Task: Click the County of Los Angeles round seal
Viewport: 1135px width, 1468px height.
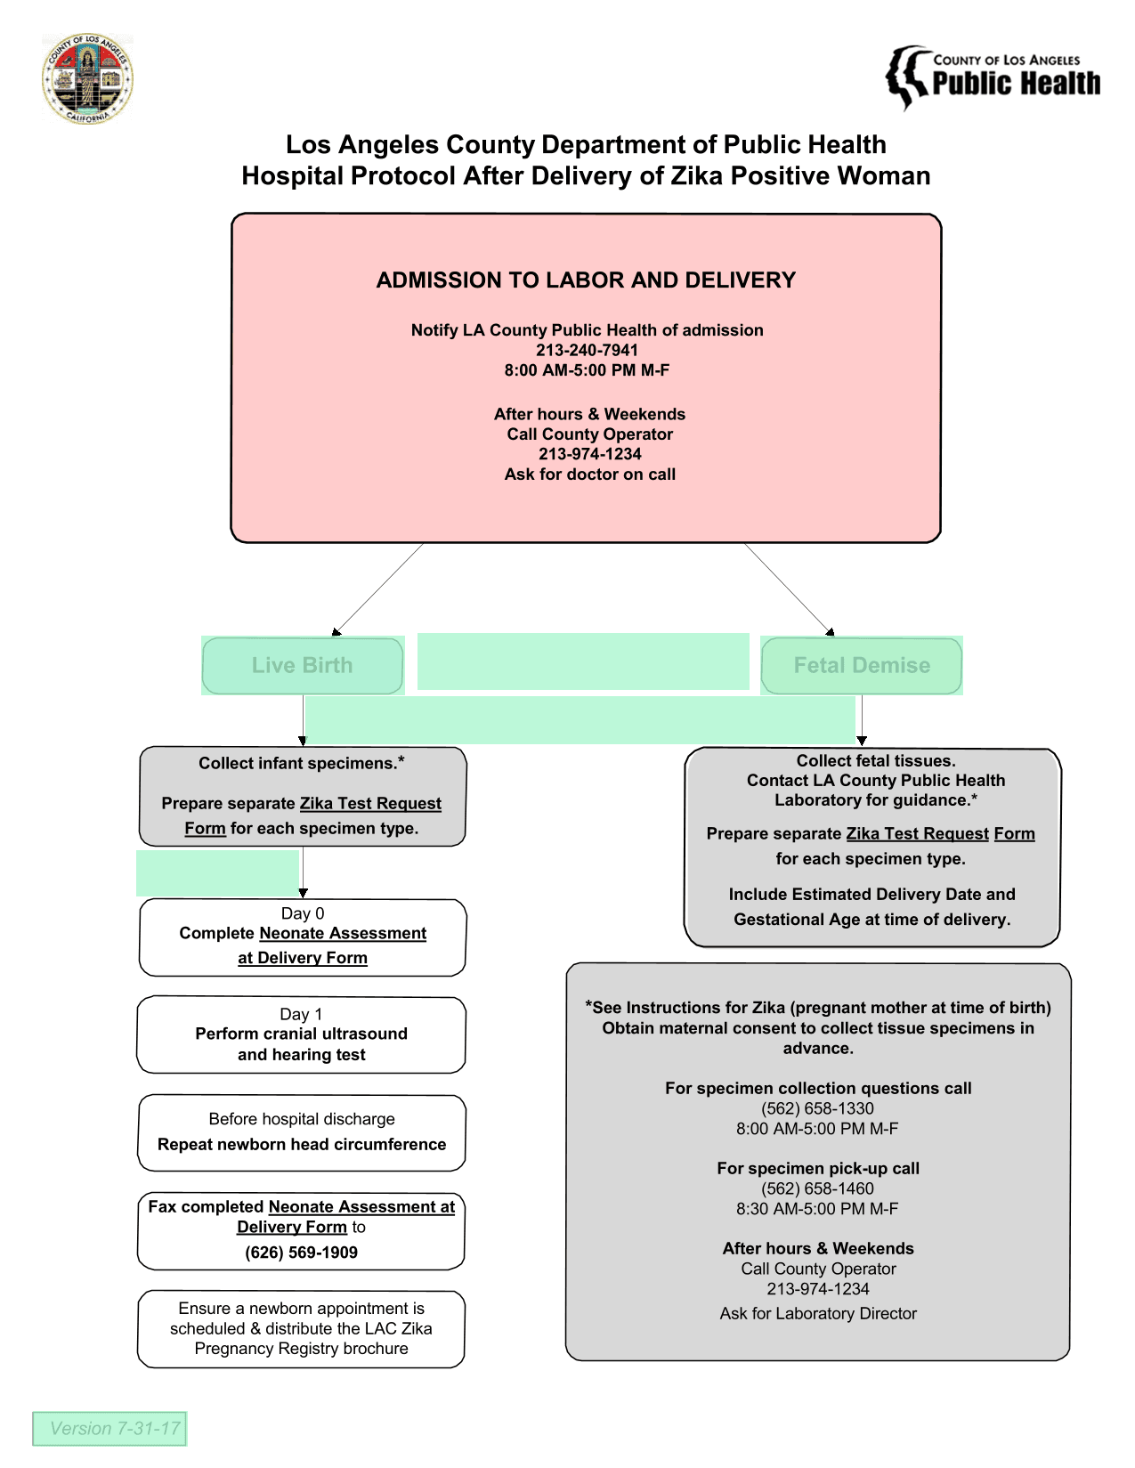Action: [x=87, y=78]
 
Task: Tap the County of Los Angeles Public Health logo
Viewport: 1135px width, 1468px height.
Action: [x=992, y=77]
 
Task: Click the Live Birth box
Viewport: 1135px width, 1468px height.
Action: [x=303, y=665]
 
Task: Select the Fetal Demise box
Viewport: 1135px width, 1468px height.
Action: [x=861, y=665]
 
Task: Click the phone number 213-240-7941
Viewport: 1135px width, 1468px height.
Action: [x=586, y=350]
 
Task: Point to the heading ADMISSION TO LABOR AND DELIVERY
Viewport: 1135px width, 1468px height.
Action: [x=586, y=280]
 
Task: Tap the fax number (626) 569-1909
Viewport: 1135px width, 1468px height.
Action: [x=301, y=1252]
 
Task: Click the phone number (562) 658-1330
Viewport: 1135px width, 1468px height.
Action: [x=817, y=1108]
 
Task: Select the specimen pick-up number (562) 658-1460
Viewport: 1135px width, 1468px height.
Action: [x=817, y=1188]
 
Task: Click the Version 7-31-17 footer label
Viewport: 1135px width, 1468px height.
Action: [x=115, y=1428]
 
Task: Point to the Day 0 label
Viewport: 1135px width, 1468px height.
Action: [x=303, y=912]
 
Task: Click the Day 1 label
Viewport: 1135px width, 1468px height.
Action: [x=301, y=1013]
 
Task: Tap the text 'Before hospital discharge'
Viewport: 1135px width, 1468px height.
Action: [x=301, y=1119]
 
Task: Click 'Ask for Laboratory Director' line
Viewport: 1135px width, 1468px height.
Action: [x=818, y=1313]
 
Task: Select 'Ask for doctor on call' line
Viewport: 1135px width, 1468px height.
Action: [x=589, y=474]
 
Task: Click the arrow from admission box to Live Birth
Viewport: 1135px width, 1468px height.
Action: [x=378, y=589]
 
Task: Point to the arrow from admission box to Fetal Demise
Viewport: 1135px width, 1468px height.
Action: [x=790, y=589]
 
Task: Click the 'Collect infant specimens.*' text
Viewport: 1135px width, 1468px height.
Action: [x=301, y=763]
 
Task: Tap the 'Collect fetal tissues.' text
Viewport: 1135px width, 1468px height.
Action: [x=876, y=760]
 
